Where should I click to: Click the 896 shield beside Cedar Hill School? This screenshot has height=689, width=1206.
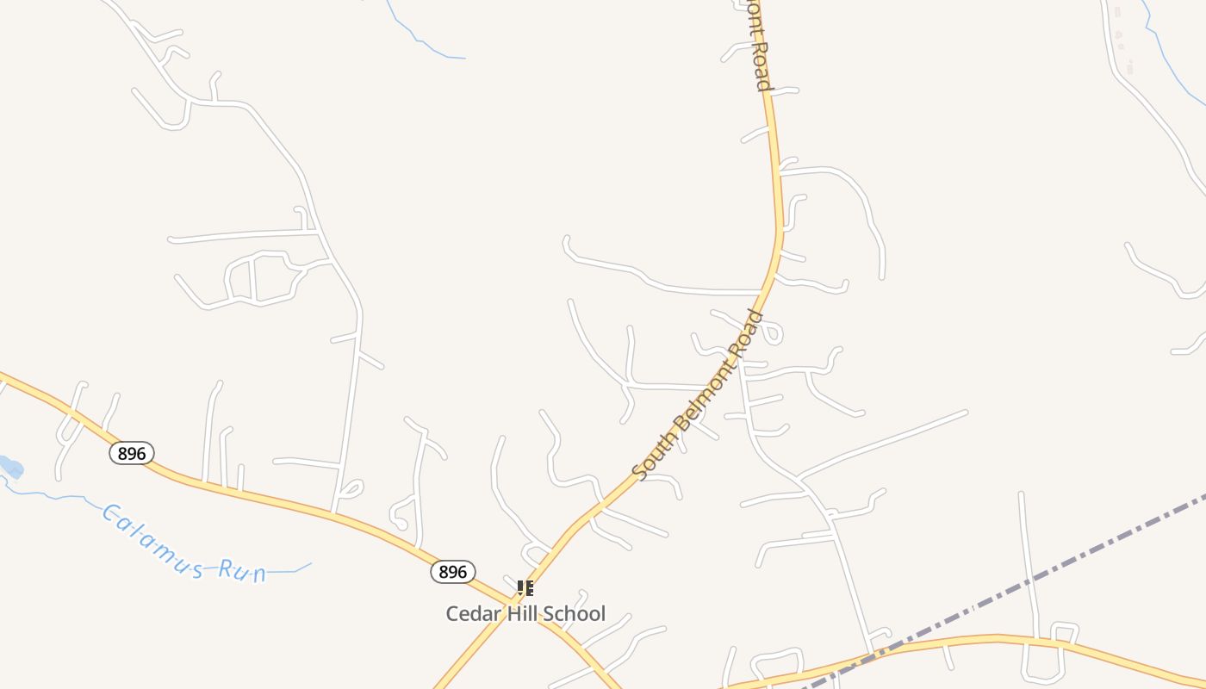[x=452, y=572]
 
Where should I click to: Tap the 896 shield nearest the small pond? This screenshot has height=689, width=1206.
[x=131, y=453]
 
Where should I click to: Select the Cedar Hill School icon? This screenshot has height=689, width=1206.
[x=525, y=588]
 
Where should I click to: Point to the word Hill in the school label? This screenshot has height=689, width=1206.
[x=516, y=614]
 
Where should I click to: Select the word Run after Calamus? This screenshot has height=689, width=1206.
[x=242, y=570]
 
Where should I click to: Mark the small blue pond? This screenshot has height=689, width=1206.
[x=10, y=468]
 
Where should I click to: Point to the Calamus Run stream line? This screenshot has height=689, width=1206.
[x=52, y=494]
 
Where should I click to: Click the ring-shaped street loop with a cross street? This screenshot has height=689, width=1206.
[x=258, y=277]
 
